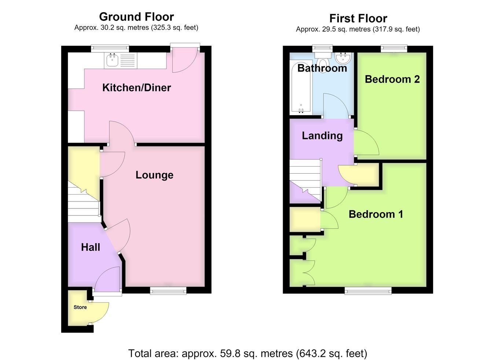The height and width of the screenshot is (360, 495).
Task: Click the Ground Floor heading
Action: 136,17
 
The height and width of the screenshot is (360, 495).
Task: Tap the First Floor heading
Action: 358,18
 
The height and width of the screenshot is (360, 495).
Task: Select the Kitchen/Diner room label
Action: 136,88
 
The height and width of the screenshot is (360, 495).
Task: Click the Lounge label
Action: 154,175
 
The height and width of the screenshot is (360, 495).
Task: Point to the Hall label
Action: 91,247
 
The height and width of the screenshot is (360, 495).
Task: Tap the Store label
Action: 80,307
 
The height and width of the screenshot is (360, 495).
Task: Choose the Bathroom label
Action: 322,68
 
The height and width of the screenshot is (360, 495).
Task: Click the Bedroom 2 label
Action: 392,79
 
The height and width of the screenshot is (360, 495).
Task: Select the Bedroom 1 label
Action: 376,214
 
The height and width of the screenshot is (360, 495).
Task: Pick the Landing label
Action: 322,136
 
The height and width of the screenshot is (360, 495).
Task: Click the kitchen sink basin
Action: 112,60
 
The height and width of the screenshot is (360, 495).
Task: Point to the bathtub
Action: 301,88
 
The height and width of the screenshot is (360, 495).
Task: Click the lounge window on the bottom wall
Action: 168,291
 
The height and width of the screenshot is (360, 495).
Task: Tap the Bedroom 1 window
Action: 368,291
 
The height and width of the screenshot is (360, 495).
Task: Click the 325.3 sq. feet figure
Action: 175,28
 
